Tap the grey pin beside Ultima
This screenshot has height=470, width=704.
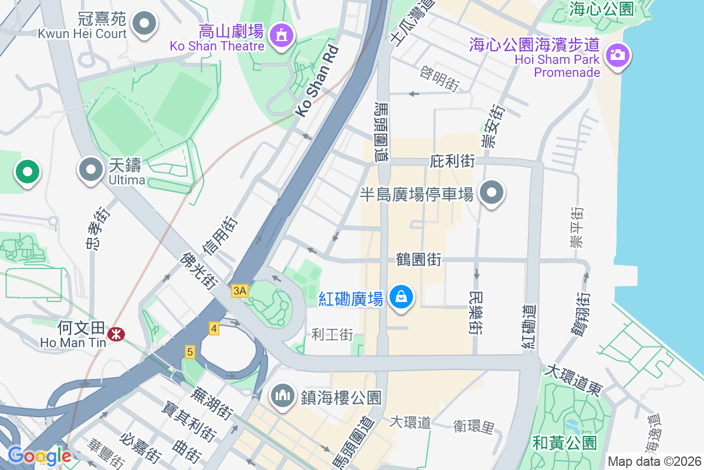click(x=90, y=170)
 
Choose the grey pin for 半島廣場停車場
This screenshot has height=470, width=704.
click(x=492, y=193)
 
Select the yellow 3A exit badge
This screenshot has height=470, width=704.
click(x=239, y=291)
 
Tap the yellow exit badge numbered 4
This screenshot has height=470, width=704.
click(x=214, y=328)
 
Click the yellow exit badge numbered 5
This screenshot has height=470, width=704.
click(x=189, y=352)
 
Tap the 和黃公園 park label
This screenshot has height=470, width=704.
click(x=564, y=442)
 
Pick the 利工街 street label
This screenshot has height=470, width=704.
click(x=332, y=335)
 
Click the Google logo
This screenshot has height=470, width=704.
click(x=39, y=456)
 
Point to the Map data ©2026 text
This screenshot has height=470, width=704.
click(x=654, y=461)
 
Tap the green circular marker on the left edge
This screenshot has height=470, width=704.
click(x=27, y=172)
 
